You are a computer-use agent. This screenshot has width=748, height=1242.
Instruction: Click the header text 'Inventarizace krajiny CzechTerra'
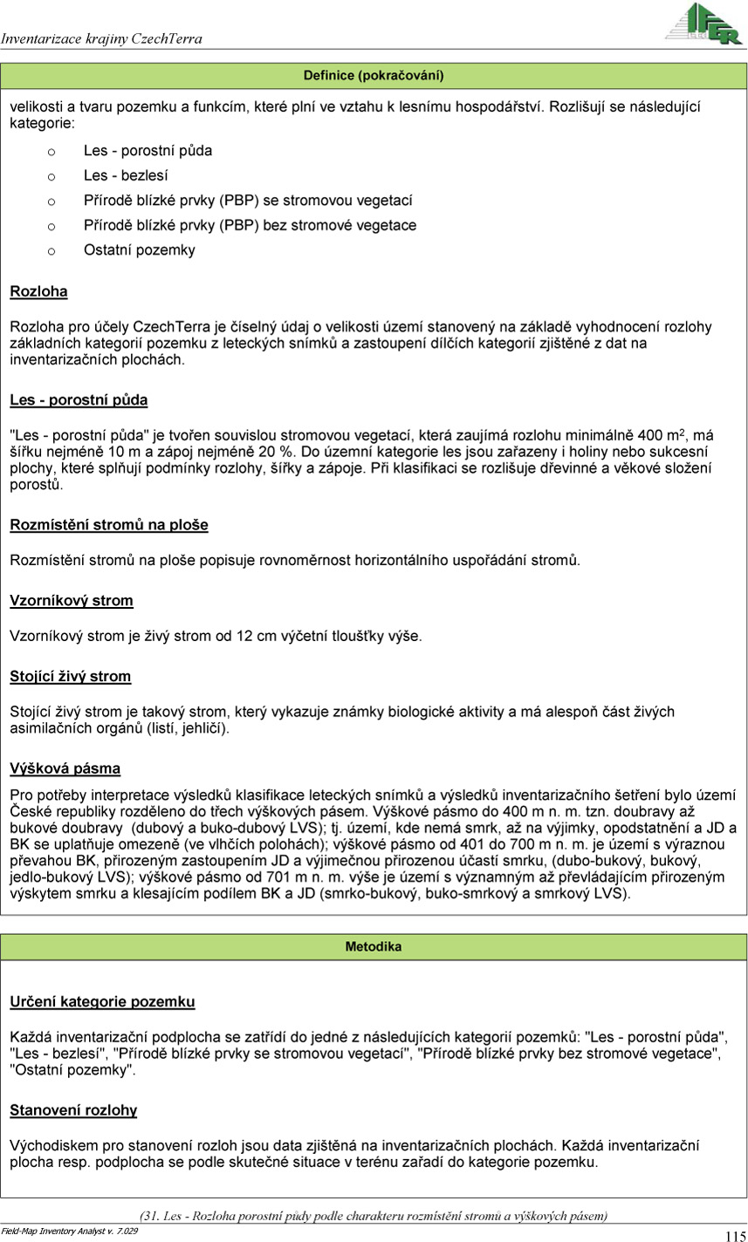click(101, 39)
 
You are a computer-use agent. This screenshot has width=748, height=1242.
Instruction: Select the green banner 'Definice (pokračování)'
click(374, 76)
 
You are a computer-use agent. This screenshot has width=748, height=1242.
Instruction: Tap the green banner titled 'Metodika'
click(374, 946)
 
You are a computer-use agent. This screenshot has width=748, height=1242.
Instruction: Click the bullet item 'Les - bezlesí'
click(126, 175)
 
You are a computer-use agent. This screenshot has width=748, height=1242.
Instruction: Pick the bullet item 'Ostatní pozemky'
click(140, 250)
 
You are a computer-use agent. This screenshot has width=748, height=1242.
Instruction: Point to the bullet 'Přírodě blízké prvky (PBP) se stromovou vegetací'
click(248, 201)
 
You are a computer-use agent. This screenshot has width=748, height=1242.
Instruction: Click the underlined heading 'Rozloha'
click(38, 291)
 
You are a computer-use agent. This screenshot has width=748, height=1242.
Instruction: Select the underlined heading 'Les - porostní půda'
click(79, 400)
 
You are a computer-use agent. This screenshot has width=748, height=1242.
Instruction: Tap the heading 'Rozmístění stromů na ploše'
click(109, 525)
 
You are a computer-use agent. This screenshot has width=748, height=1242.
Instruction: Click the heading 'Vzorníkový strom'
click(72, 601)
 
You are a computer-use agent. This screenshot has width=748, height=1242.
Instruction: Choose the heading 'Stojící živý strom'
click(71, 676)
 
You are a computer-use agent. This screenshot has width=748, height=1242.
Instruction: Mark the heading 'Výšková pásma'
click(65, 768)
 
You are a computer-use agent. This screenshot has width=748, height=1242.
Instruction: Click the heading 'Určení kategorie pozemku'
click(102, 1002)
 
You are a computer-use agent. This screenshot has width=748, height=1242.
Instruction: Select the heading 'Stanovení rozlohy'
click(73, 1110)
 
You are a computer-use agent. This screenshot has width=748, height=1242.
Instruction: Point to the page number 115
click(734, 1235)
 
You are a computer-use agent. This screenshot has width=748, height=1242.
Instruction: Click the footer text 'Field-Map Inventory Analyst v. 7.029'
click(70, 1231)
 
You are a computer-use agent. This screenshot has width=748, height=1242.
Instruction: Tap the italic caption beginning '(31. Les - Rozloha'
click(374, 1216)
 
